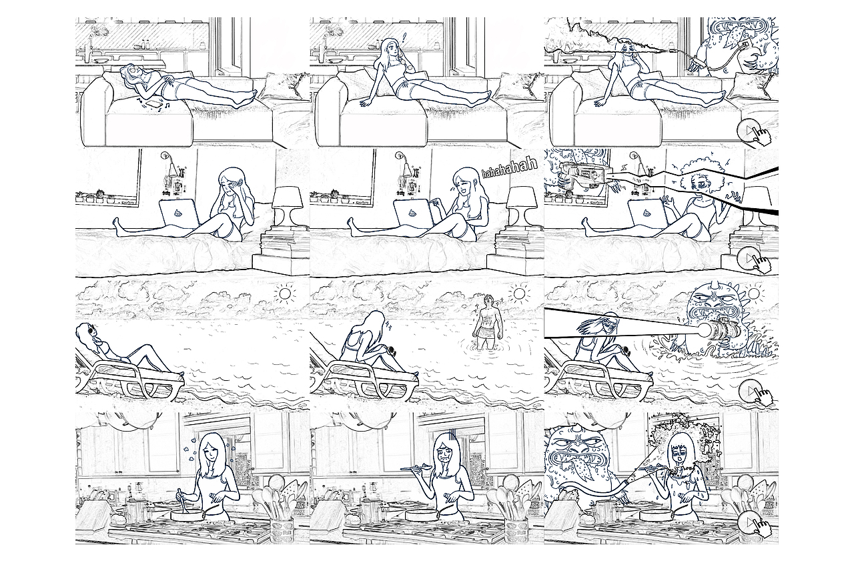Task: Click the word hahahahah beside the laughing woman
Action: point(509,169)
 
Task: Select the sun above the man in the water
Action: point(518,294)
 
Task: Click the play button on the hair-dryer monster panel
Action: point(752,130)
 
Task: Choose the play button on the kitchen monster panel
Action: point(752,522)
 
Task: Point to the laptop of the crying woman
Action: point(175,215)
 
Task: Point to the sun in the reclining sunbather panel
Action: point(285,294)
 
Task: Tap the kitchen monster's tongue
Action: point(600,482)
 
